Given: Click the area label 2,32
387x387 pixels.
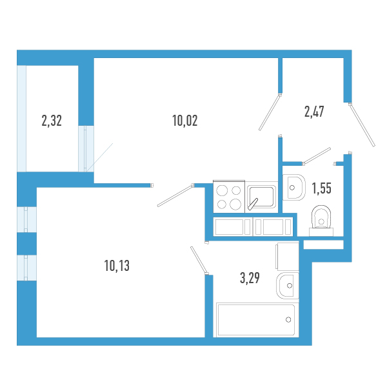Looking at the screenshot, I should click(52, 120).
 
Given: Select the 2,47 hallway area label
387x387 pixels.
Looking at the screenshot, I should click(313, 111).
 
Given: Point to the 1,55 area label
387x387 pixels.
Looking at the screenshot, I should click(321, 188).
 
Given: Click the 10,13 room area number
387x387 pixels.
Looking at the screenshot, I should click(117, 264).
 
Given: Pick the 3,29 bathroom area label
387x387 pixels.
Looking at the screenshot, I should click(250, 279).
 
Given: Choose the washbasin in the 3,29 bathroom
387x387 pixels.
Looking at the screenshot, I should click(287, 284).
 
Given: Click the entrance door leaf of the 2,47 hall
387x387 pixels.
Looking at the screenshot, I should click(362, 124).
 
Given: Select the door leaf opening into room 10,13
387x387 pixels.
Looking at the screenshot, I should click(175, 195).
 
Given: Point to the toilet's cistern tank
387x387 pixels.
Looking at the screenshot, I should click(321, 224).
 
